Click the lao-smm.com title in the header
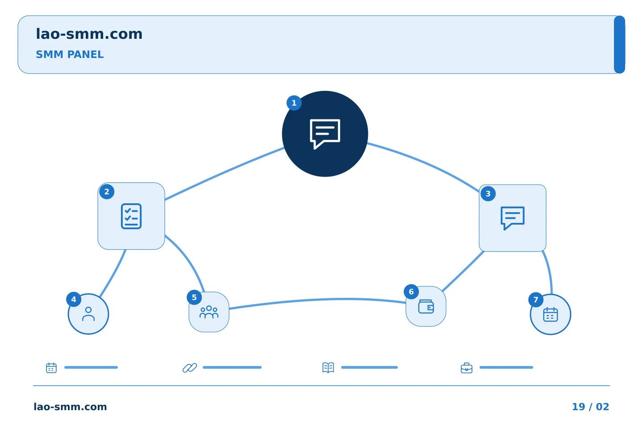pos(89,34)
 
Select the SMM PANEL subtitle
pos(70,54)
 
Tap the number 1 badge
pos(294,103)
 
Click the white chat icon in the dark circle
pos(325,134)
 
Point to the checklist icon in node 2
pos(131,216)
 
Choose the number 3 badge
pos(488,194)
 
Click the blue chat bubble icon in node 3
pos(513,218)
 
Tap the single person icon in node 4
pos(88,314)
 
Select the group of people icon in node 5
pos(209,312)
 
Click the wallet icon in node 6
pos(426,306)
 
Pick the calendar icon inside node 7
pos(551,314)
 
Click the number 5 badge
pos(194,297)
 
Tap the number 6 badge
pos(411,292)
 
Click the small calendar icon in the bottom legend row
pos(51,367)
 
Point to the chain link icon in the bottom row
pos(190,368)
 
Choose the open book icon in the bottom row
pos(328,367)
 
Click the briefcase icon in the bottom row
pos(467,368)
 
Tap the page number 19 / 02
pos(590,407)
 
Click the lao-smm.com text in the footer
pos(70,407)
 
